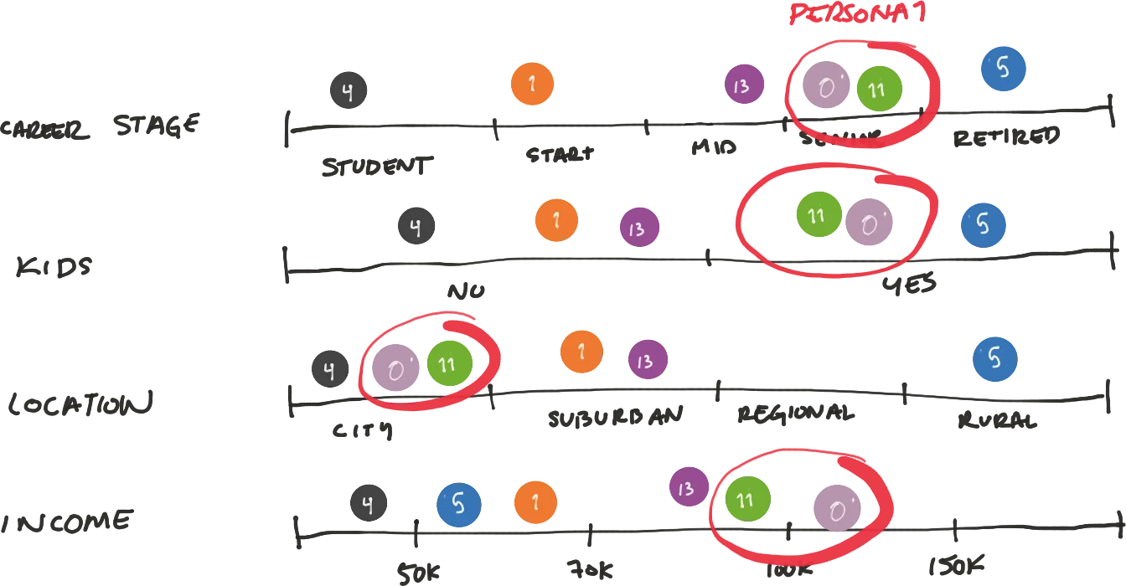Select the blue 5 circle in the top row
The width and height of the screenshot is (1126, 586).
point(1003,69)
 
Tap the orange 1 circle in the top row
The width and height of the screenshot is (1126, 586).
point(533,84)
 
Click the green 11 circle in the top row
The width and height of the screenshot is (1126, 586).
point(880,89)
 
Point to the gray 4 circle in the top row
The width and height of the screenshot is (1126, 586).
point(349,90)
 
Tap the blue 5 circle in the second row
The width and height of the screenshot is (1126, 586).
point(984,224)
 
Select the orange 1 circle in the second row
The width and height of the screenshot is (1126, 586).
point(557,220)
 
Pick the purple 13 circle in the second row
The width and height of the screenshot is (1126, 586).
point(639,228)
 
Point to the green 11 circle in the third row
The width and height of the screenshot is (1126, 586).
point(451,363)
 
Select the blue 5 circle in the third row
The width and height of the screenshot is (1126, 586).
point(995,358)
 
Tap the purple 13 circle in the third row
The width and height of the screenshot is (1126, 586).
point(647,361)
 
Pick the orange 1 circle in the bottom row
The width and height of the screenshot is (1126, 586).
point(535,502)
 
